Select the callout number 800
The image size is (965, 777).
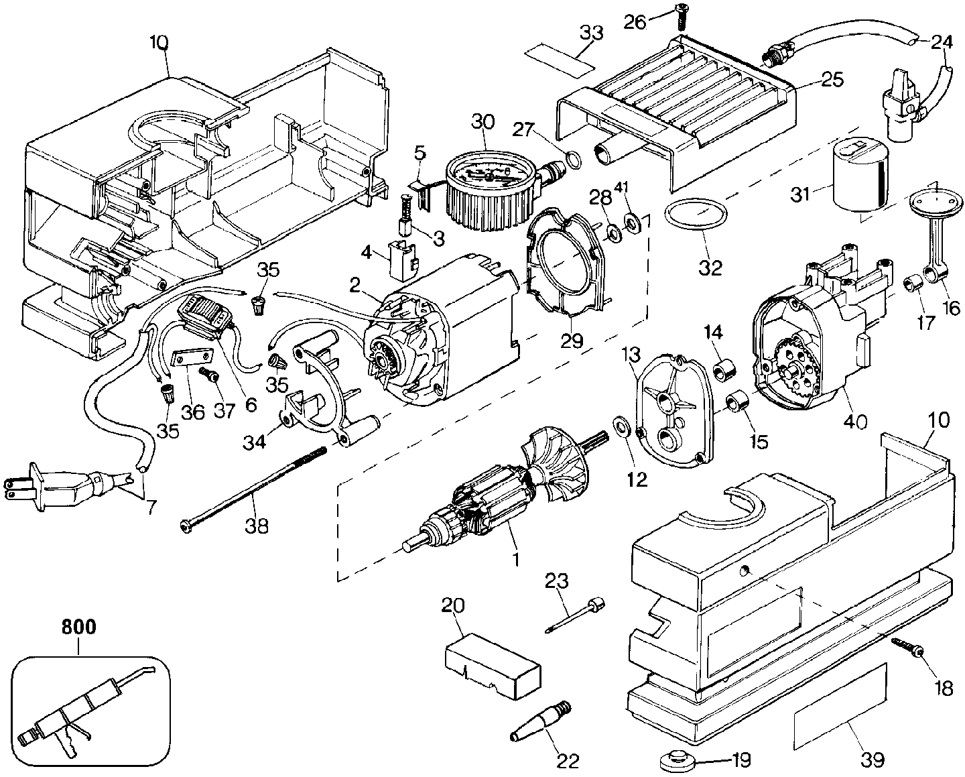[x=78, y=627]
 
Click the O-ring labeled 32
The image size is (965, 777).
[x=696, y=215]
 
